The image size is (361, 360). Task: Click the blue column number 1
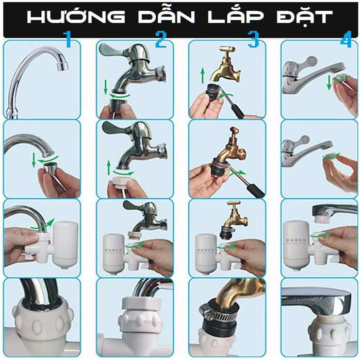[67, 40]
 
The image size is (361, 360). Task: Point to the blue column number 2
[161, 40]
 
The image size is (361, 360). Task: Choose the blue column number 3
[253, 40]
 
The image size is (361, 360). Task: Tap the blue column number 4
[346, 40]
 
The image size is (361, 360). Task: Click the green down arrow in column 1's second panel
[35, 159]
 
